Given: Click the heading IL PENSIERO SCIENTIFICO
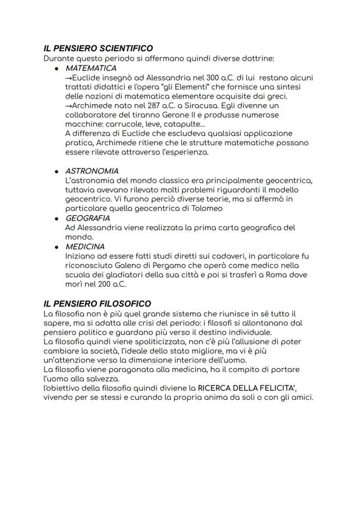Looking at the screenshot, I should (x=98, y=48).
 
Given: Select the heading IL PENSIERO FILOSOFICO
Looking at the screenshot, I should (x=97, y=303).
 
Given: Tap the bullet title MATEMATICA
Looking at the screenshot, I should (x=91, y=68).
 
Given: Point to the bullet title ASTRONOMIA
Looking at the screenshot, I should (x=92, y=171).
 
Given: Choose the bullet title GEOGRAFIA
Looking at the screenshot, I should (x=87, y=218).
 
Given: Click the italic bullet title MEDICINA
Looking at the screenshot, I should (x=85, y=246).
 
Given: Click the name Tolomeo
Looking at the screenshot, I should (x=207, y=208).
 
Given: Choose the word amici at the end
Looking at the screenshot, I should (x=302, y=398).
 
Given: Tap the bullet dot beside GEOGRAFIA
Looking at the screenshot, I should (x=57, y=218).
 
